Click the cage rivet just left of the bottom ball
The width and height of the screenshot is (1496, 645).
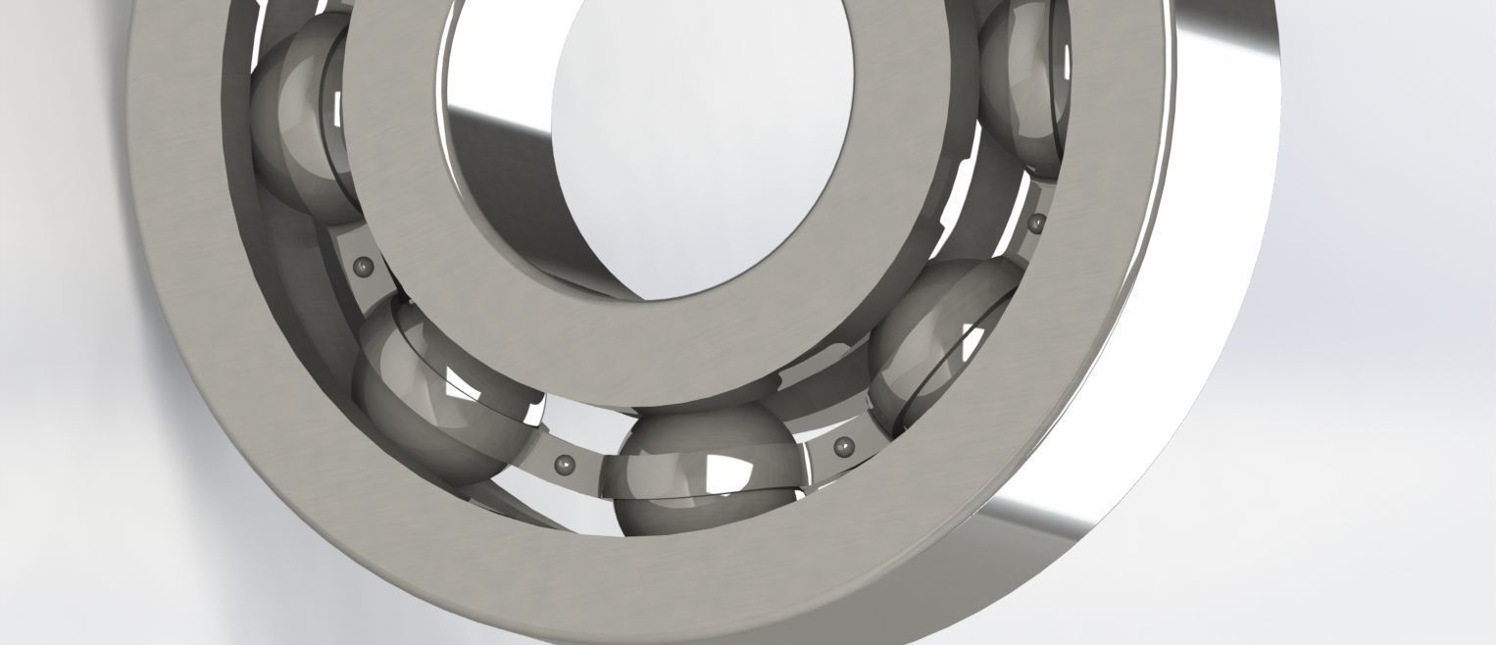click(x=563, y=464)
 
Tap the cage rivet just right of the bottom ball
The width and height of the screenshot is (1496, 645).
click(x=840, y=448)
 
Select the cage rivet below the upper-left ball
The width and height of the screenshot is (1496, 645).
click(x=364, y=265)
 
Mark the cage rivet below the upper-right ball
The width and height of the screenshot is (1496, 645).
click(x=1036, y=223)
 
